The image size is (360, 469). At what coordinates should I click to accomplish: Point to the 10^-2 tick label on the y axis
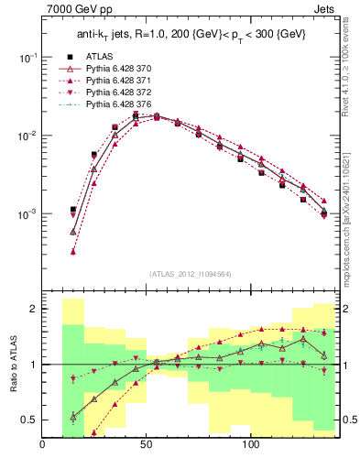coord(27,136)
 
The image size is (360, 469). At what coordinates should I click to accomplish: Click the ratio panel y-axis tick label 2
coord(32,310)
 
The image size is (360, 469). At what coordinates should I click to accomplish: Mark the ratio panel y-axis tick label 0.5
coord(29,420)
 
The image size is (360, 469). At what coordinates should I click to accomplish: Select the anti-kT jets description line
coord(190,36)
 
